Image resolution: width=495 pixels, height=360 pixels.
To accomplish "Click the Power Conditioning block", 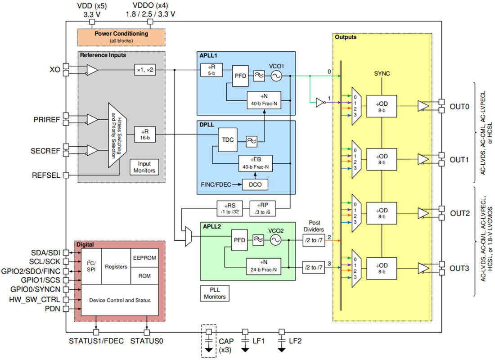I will click(x=121, y=36).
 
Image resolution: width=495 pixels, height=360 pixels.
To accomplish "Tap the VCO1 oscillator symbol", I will click(x=275, y=76).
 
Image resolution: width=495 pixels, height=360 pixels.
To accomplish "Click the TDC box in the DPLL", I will click(x=228, y=139).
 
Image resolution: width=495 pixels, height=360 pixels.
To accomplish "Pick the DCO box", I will click(x=255, y=184).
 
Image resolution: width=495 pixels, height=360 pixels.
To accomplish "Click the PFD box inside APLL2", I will click(x=239, y=240).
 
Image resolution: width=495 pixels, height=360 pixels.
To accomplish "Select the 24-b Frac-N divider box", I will click(x=263, y=267).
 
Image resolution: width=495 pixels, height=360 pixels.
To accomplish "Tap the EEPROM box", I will click(x=144, y=258).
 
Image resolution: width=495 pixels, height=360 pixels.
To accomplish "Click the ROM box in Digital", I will click(x=144, y=276).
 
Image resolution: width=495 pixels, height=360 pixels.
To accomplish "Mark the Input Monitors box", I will click(x=144, y=167).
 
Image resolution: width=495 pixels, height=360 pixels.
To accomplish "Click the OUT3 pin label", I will click(x=459, y=268).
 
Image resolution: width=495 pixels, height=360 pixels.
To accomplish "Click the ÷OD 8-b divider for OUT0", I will click(x=381, y=106).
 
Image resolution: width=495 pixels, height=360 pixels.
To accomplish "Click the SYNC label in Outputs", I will click(x=382, y=73).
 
